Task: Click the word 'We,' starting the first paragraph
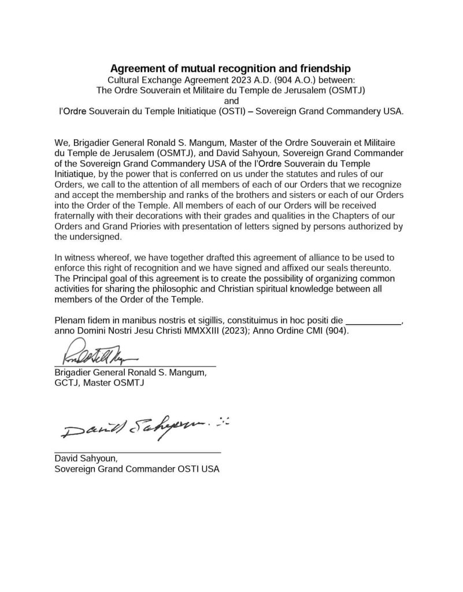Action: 62,142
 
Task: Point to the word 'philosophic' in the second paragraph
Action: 157,288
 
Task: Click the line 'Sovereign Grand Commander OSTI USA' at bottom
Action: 137,469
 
